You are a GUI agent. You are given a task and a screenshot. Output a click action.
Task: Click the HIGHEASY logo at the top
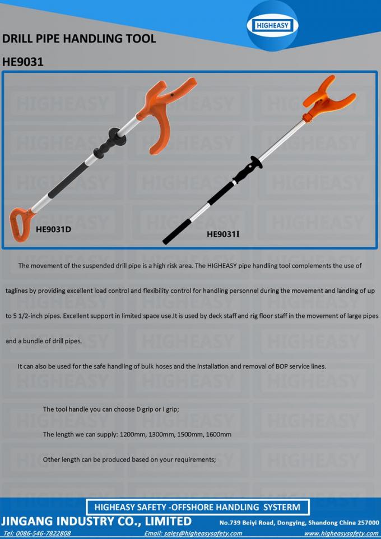point(273,26)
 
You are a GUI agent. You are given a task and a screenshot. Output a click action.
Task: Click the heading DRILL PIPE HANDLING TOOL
point(79,39)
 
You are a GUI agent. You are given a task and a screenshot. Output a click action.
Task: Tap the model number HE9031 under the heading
point(23,62)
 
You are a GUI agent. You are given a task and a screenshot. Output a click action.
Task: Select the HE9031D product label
point(53,229)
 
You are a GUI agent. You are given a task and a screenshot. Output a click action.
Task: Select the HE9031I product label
point(223,234)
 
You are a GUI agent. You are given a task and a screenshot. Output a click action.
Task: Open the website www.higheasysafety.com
point(341,533)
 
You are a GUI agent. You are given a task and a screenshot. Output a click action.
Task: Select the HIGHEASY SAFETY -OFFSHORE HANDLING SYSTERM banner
point(197,507)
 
